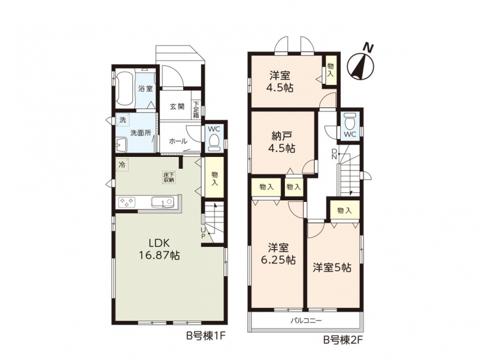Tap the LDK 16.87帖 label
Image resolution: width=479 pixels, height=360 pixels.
(x=159, y=249)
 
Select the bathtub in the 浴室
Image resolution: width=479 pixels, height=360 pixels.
(x=125, y=88)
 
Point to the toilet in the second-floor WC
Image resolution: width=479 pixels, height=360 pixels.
(x=350, y=121)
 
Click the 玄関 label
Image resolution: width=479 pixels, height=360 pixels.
(x=177, y=107)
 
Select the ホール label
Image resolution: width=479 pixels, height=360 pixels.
(x=178, y=141)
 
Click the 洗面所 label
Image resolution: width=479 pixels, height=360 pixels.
(x=140, y=133)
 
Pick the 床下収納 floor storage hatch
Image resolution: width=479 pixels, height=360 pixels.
(x=169, y=177)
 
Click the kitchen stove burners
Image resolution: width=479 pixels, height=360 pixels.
(x=127, y=202)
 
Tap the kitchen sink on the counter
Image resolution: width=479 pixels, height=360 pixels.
(x=163, y=202)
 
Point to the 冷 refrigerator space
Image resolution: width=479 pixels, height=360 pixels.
(x=122, y=165)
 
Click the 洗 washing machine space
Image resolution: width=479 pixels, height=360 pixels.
(x=123, y=120)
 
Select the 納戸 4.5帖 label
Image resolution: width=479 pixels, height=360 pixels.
(x=281, y=142)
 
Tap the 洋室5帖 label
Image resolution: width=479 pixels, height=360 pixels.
(x=332, y=268)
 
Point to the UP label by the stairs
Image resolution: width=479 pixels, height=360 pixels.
(x=203, y=232)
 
